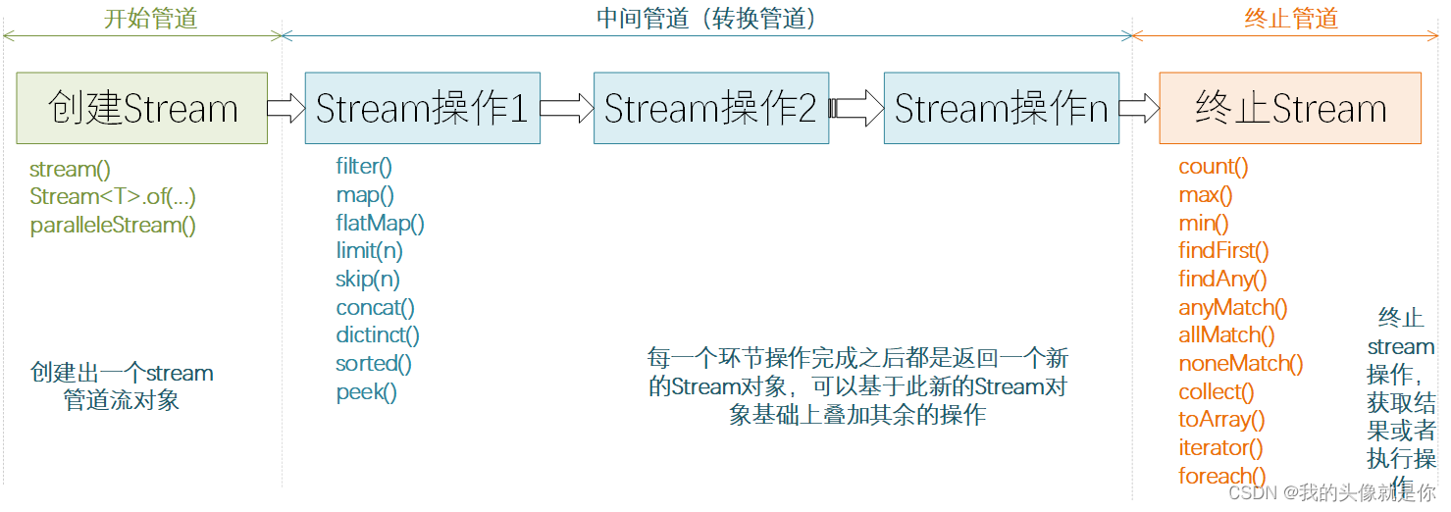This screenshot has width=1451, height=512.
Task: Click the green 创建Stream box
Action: coord(142,108)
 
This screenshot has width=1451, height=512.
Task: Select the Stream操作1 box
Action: coord(422,108)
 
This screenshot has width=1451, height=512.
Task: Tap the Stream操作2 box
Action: coord(710,108)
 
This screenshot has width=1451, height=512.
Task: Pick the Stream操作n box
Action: coord(1001,108)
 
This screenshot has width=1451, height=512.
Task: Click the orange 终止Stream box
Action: coord(1290,108)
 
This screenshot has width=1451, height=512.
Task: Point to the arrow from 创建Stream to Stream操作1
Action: coord(285,108)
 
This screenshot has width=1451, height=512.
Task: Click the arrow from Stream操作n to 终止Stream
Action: coord(1139,108)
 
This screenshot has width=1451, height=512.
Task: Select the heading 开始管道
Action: coord(150,19)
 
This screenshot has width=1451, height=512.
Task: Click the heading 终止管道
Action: coord(1291,19)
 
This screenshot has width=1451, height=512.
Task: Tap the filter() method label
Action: coord(364,167)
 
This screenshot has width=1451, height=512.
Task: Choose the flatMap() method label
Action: coord(380,223)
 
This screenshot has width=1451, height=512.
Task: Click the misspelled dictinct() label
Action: coord(378,335)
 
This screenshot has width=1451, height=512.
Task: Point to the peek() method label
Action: coord(366,392)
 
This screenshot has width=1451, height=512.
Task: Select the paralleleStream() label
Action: coord(113,225)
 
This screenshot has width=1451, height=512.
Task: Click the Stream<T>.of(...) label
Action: coord(113,196)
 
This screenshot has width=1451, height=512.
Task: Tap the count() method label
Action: coord(1214,167)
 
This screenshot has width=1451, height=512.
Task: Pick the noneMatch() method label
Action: coord(1241,364)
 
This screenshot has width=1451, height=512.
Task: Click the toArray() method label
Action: coord(1221,420)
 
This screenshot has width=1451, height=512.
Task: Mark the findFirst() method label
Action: coord(1223,251)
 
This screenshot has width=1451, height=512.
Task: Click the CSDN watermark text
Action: coord(1331,492)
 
